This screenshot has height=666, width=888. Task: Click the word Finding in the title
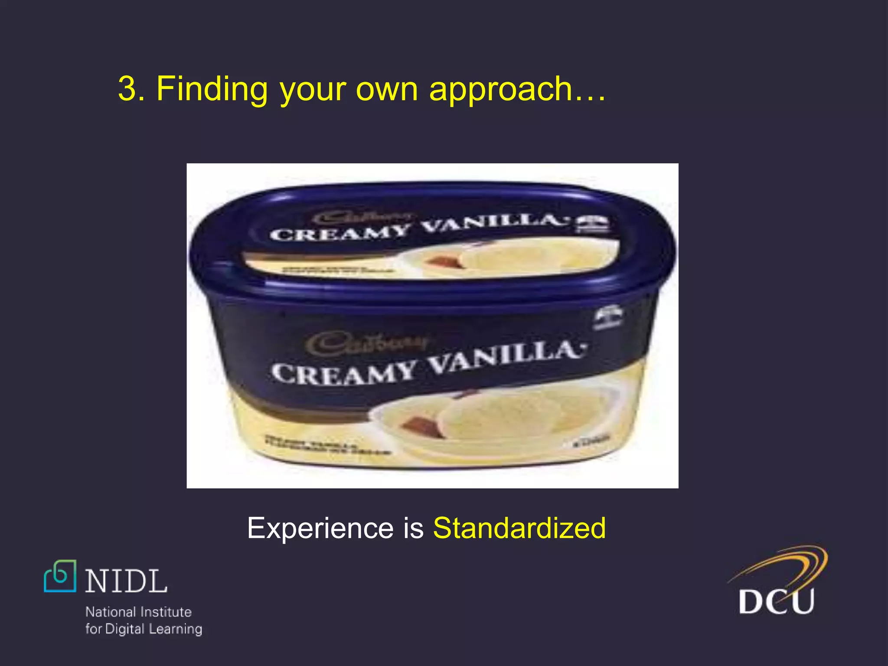click(212, 89)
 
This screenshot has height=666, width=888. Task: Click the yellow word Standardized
click(519, 528)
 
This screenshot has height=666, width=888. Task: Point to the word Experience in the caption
click(321, 528)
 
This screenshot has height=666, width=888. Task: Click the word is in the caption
click(413, 528)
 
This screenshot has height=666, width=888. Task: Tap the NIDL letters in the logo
click(126, 581)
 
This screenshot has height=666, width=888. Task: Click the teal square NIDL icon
click(60, 576)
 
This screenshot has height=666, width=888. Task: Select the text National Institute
click(138, 612)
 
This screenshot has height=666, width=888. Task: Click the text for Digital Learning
click(144, 629)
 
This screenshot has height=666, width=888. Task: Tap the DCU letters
click(776, 601)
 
